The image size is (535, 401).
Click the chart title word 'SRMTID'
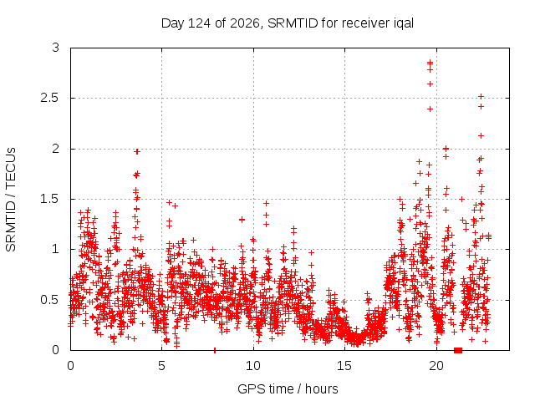(293, 23)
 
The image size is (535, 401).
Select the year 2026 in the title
(245, 23)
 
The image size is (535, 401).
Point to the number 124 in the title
(200, 23)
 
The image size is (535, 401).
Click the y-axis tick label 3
(56, 48)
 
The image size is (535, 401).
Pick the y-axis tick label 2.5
(50, 99)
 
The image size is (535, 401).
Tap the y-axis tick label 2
(56, 149)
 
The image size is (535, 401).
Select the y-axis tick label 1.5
(50, 199)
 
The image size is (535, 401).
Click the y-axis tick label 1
(56, 249)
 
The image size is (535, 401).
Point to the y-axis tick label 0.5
(50, 300)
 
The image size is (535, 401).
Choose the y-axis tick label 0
(56, 350)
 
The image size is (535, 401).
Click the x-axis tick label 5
(161, 366)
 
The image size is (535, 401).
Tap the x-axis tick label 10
(253, 366)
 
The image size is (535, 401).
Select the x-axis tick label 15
(344, 366)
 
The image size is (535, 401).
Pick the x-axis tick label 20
(436, 366)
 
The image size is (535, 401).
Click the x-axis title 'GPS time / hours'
(288, 389)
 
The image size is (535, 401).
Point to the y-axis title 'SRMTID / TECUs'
(11, 200)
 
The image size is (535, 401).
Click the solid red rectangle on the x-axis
(458, 350)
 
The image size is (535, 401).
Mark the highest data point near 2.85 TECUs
(430, 62)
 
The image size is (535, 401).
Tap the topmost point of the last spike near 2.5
(481, 97)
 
